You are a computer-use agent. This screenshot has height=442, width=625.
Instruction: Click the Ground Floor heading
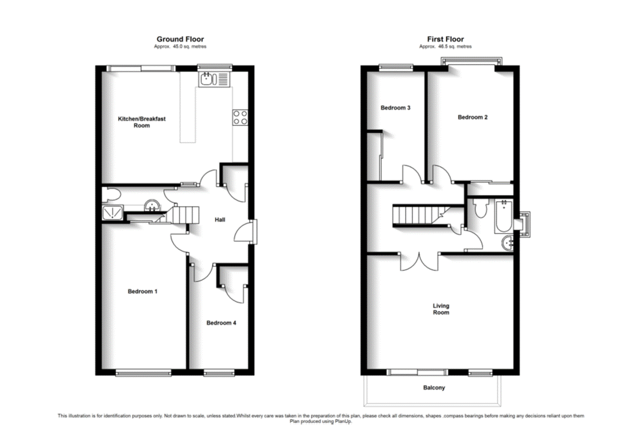[180, 39]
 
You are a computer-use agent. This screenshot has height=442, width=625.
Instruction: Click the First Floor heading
[445, 39]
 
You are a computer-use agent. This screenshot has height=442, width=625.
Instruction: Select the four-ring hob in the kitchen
[240, 117]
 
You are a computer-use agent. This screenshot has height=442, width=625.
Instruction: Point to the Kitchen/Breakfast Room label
[141, 122]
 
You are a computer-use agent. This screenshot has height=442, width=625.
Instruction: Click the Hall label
[219, 220]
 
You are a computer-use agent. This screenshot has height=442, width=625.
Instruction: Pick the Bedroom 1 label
[142, 291]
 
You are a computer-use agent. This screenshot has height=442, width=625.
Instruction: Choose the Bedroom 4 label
[221, 323]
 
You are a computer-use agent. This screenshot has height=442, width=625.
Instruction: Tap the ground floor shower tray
[113, 213]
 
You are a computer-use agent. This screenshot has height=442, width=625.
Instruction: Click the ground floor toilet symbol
[111, 195]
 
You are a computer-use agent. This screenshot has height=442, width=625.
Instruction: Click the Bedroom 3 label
[395, 108]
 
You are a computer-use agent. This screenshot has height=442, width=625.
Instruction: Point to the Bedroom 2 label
[472, 117]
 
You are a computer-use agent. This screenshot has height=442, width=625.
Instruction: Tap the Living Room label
[441, 309]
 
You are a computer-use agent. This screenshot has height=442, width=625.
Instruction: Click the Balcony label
[434, 388]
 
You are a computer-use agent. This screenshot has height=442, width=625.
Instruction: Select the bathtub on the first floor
[504, 216]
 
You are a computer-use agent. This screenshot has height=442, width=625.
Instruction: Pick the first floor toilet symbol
[481, 208]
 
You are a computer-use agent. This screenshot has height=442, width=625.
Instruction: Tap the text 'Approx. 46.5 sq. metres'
[445, 47]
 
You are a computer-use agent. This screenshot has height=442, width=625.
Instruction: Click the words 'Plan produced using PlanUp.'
[321, 421]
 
